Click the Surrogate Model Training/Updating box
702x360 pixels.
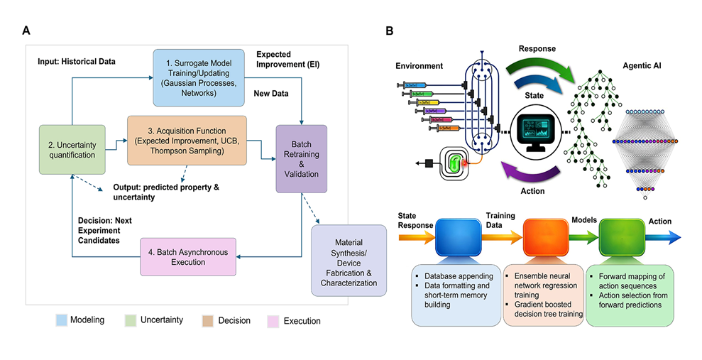pyautogui.click(x=195, y=77)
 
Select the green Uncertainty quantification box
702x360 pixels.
pyautogui.click(x=72, y=148)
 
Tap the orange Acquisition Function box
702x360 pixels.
pyautogui.click(x=187, y=141)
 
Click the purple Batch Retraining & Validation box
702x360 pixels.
pyautogui.click(x=301, y=158)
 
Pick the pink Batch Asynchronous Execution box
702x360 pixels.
pyautogui.click(x=187, y=256)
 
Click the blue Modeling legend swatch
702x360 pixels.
pyautogui.click(x=62, y=320)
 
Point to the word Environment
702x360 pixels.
pyautogui.click(x=419, y=66)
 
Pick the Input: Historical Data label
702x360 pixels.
pyautogui.click(x=77, y=62)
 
